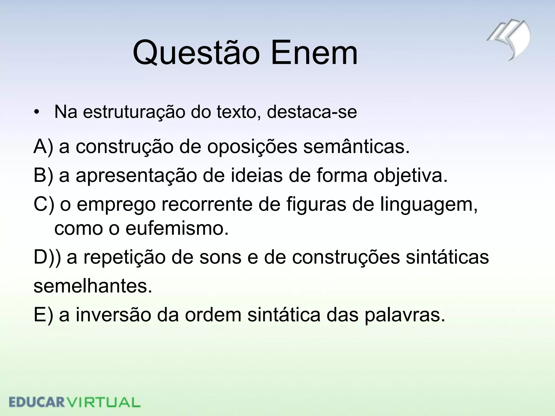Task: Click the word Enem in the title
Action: coord(314,53)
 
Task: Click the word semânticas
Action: coord(356,147)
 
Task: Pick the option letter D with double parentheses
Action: coord(47,257)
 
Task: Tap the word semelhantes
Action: coord(93,286)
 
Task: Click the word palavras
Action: coord(405,316)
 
